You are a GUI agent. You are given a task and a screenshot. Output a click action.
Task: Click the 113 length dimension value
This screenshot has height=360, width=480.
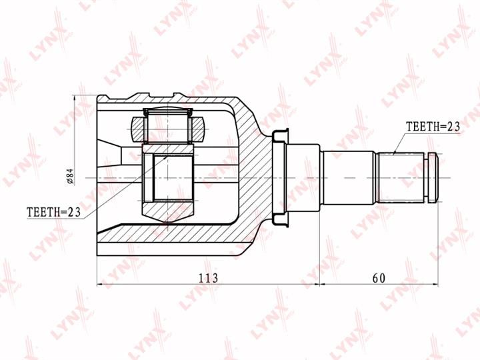(208, 278)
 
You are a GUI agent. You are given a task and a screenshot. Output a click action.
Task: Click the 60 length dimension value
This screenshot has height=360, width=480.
(379, 278)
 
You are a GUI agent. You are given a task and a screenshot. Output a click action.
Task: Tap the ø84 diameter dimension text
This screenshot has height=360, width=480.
(70, 177)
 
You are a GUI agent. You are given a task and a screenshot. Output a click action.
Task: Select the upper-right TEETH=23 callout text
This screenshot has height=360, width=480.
(433, 127)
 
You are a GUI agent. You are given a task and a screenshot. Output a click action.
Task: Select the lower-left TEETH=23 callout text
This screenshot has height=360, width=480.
(53, 212)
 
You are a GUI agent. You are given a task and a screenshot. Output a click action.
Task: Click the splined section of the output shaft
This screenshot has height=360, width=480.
(401, 177)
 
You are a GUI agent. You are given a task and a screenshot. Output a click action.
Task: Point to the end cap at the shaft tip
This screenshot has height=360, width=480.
(433, 177)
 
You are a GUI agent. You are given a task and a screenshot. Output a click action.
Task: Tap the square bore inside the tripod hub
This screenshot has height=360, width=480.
(168, 178)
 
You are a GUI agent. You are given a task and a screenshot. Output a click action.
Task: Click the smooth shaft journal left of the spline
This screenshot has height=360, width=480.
(347, 177)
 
